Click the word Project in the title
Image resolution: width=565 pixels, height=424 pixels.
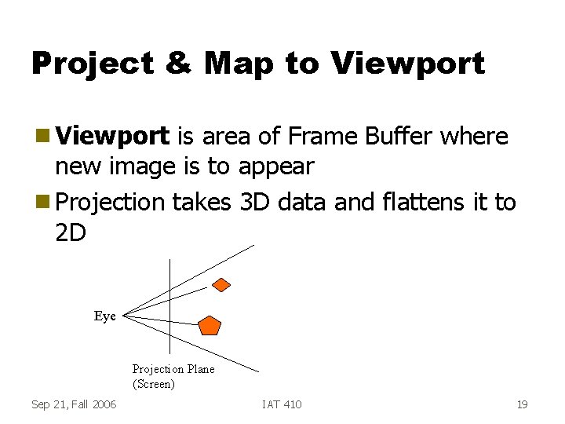point(92,64)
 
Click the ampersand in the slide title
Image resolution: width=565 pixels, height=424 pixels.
point(178,64)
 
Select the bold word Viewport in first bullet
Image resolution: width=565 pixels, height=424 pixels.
point(113,137)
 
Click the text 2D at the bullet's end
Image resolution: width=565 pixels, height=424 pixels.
point(71,234)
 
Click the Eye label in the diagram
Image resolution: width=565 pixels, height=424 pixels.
point(104,316)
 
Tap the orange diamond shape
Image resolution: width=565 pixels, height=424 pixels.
point(222,284)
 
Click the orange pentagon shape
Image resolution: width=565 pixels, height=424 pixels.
point(210,324)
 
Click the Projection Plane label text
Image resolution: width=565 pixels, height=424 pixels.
point(173,369)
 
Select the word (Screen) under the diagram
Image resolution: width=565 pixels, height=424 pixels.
point(153,384)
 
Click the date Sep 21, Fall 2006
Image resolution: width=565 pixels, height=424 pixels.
point(74,404)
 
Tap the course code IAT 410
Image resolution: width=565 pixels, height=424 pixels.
point(282,404)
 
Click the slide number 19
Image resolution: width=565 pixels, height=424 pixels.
point(522,404)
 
